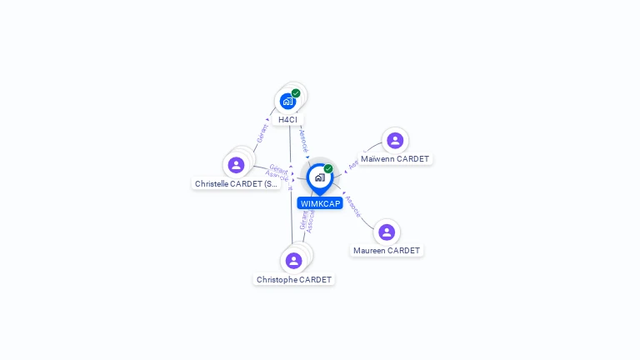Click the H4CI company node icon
(x=287, y=102)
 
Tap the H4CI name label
(x=287, y=120)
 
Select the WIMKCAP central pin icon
(x=319, y=177)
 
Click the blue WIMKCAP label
(x=321, y=203)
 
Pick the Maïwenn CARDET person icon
(x=395, y=140)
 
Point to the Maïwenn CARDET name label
(x=395, y=159)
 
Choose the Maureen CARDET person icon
(x=386, y=232)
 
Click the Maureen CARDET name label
(x=387, y=251)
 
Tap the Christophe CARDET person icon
(x=293, y=261)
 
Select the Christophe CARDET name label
(x=294, y=280)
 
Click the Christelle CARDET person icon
(x=236, y=165)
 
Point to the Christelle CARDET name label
(x=236, y=183)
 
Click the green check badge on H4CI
(x=296, y=93)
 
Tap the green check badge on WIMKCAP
(x=328, y=168)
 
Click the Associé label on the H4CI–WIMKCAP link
(x=303, y=140)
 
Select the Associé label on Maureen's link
(x=353, y=207)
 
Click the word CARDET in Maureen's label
(x=403, y=251)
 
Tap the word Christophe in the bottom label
(x=277, y=280)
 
